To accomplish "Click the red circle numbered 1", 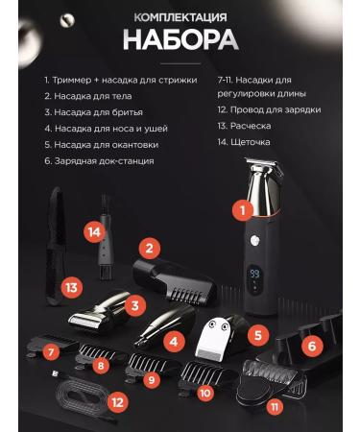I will pyautogui.click(x=244, y=207).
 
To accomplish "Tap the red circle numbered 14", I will pyautogui.click(x=94, y=231).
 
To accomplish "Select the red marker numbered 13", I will pyautogui.click(x=70, y=286).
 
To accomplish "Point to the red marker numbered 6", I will pyautogui.click(x=309, y=346).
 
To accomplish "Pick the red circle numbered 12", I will pyautogui.click(x=117, y=402).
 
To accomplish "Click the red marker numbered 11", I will pyautogui.click(x=276, y=407).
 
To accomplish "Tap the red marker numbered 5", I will pyautogui.click(x=256, y=335).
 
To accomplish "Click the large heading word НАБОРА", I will pyautogui.click(x=180, y=40).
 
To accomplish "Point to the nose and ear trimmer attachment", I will pyautogui.click(x=154, y=331).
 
